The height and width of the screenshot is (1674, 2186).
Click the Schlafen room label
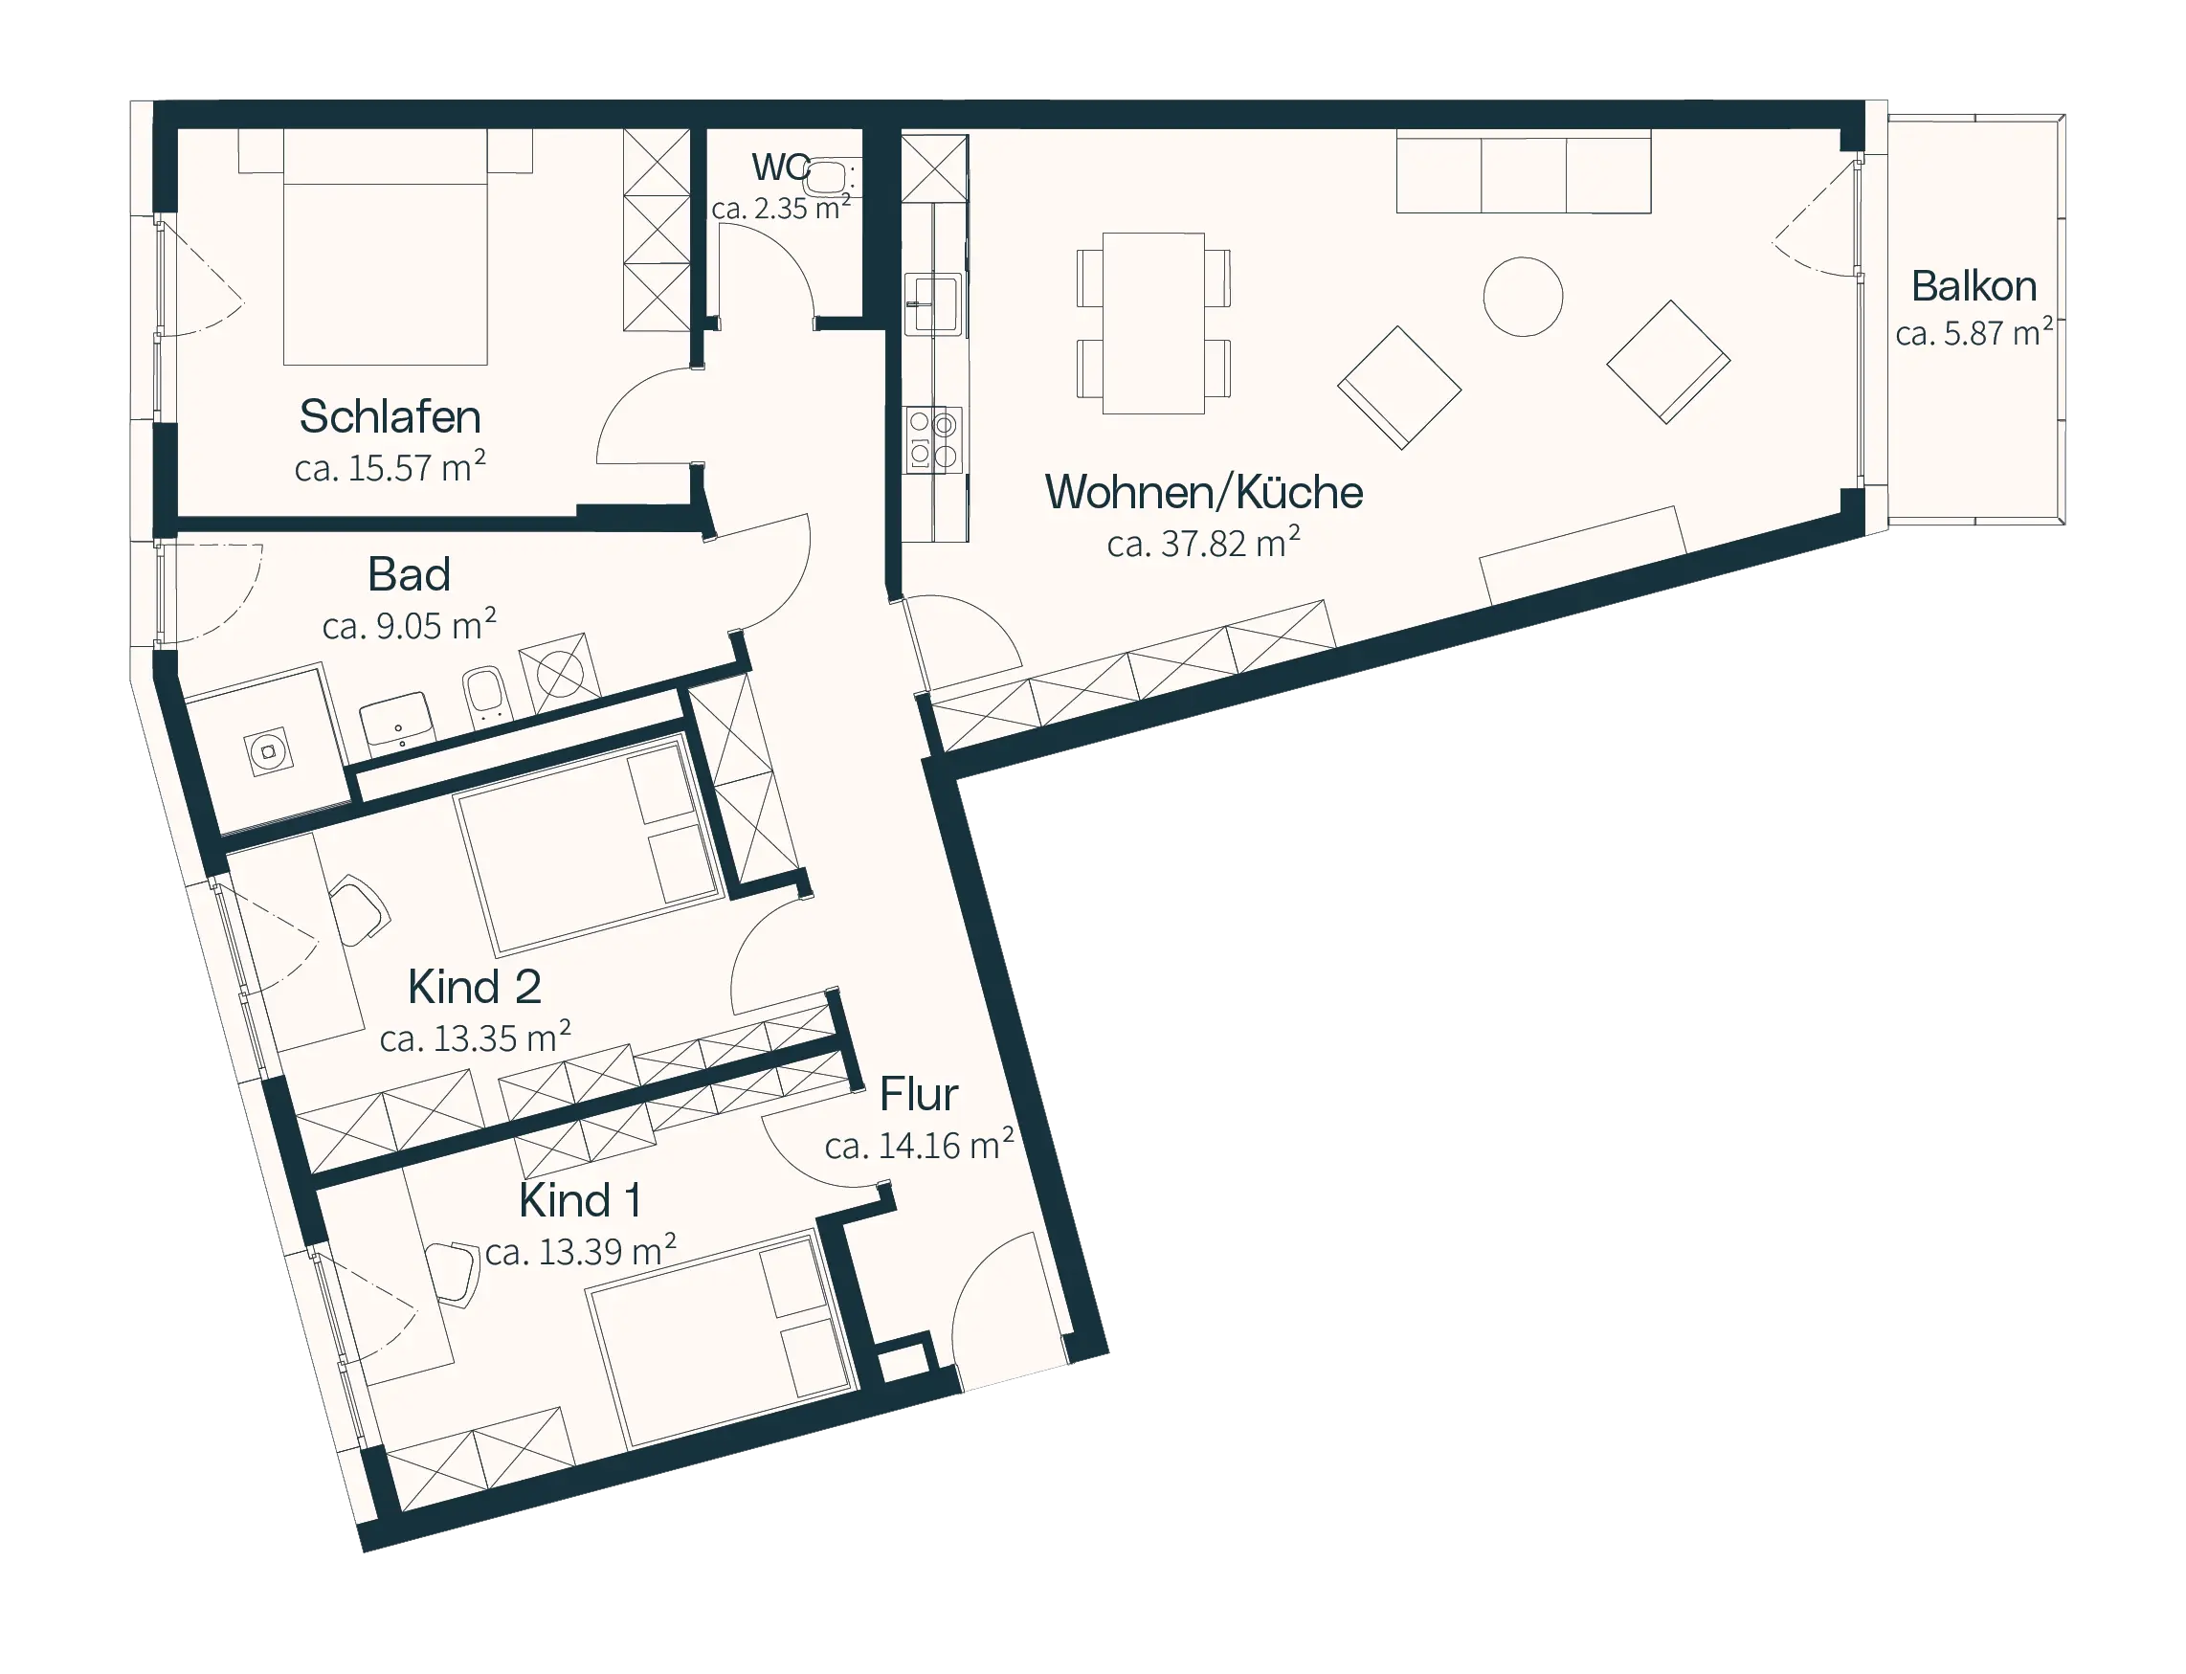[x=390, y=416]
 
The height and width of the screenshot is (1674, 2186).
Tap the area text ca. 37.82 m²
[x=1204, y=542]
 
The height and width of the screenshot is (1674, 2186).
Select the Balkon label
[x=1973, y=286]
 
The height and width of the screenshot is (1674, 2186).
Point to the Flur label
[x=918, y=1094]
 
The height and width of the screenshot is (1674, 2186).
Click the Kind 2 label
[x=475, y=987]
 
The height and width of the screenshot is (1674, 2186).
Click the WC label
[x=780, y=167]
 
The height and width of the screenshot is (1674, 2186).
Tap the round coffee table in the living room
[x=1523, y=296]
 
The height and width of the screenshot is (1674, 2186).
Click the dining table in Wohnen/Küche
[x=1152, y=323]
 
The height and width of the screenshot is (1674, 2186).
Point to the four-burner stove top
[x=932, y=439]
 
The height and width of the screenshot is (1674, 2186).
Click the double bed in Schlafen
[x=386, y=246]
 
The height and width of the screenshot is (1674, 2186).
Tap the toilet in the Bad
[x=487, y=695]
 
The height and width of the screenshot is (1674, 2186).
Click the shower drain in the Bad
[x=268, y=751]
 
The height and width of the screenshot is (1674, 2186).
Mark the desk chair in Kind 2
[x=359, y=908]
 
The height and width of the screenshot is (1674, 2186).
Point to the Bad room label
[x=409, y=574]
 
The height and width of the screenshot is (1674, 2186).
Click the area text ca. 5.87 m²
[x=1973, y=333]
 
